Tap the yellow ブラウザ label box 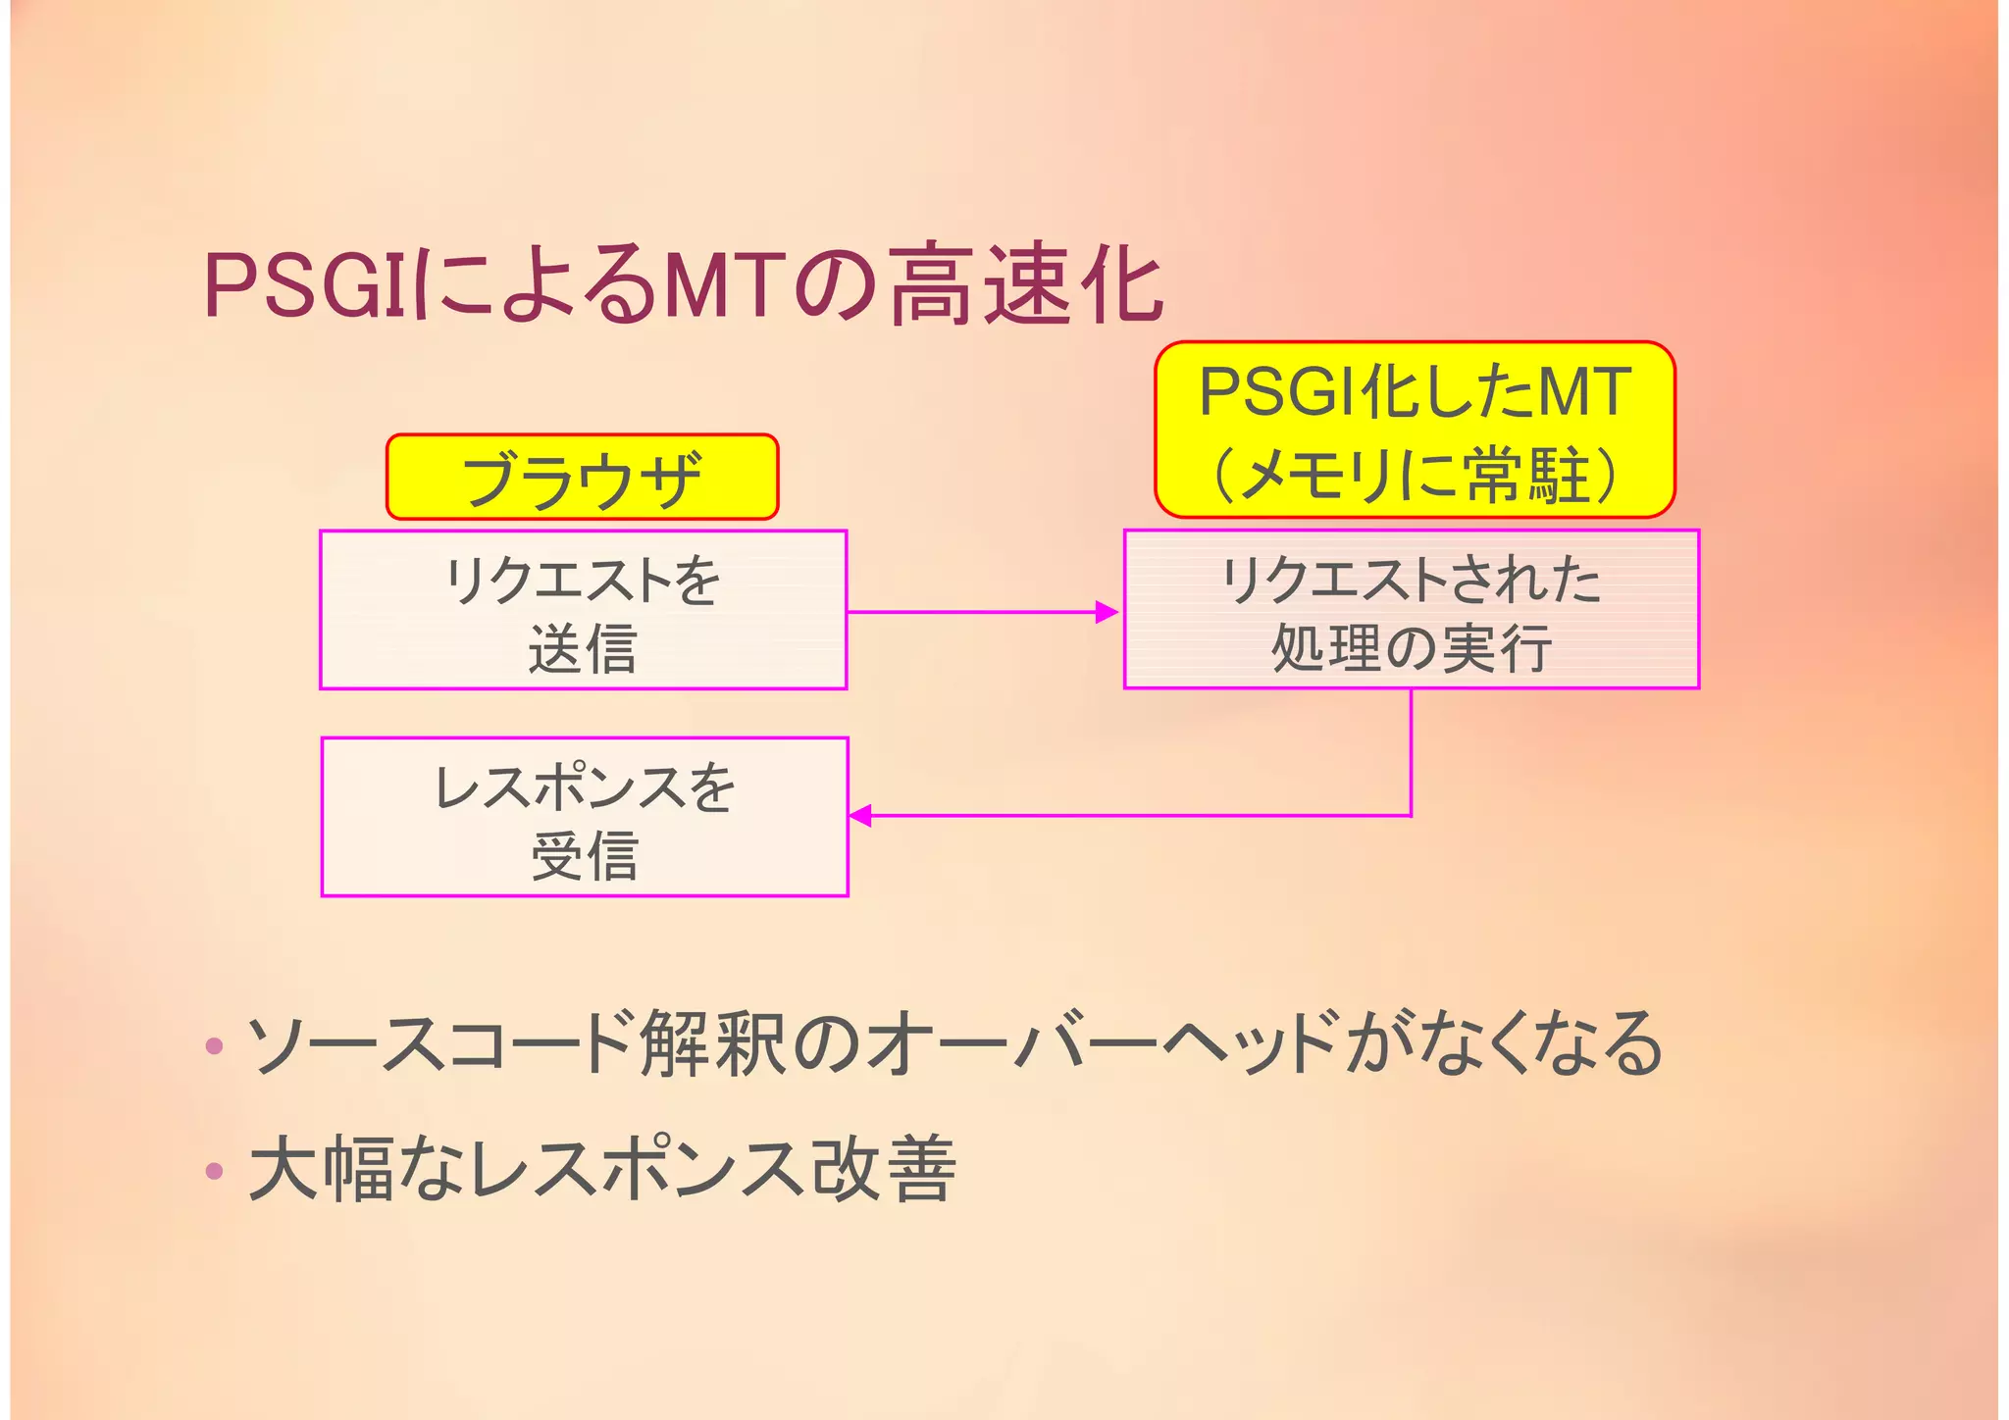582,478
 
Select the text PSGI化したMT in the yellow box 1415,392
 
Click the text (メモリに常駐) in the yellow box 1415,476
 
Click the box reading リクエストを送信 583,610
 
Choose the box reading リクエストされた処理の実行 1411,610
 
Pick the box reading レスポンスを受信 585,817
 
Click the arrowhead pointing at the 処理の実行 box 1107,612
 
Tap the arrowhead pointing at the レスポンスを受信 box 861,815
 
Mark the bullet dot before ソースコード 215,1046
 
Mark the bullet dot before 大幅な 215,1170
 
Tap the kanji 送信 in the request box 583,649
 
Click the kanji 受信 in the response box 585,855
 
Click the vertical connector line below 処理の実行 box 1411,750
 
